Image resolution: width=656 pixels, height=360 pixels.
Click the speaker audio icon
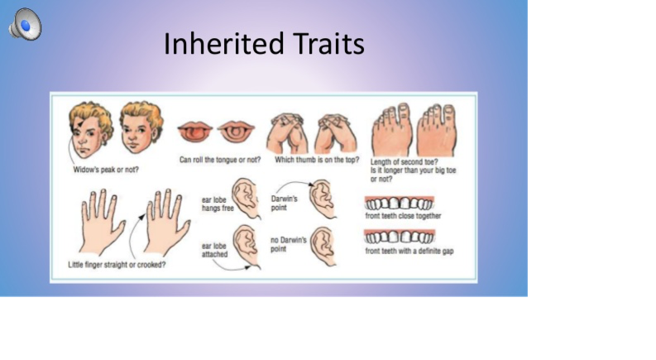click(25, 24)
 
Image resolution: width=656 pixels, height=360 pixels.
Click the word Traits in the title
click(328, 44)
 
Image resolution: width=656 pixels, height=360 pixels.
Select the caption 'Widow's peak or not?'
click(106, 170)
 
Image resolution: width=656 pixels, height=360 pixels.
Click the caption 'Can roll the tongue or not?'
click(220, 160)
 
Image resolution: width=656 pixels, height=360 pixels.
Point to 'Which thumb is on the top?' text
click(317, 160)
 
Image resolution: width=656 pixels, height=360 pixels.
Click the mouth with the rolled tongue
click(195, 132)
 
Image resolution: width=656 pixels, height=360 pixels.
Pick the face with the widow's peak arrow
click(90, 129)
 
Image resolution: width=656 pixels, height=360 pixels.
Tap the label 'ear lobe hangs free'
click(218, 204)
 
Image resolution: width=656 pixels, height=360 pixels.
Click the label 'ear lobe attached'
click(214, 250)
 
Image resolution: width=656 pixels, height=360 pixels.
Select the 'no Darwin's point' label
click(289, 244)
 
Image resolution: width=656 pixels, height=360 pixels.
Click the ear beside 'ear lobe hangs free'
click(247, 198)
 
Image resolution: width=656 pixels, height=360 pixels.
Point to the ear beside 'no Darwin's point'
click(323, 246)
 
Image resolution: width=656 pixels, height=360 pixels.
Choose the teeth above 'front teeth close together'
click(399, 203)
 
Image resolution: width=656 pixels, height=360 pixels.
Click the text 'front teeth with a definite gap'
click(409, 251)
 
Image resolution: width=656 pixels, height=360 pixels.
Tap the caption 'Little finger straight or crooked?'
click(117, 265)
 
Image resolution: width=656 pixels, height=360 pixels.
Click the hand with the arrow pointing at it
click(166, 222)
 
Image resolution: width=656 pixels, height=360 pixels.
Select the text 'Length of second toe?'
click(404, 161)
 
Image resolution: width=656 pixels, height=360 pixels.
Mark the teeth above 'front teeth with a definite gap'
click(400, 237)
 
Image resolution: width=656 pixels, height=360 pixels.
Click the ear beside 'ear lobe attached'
click(247, 246)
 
